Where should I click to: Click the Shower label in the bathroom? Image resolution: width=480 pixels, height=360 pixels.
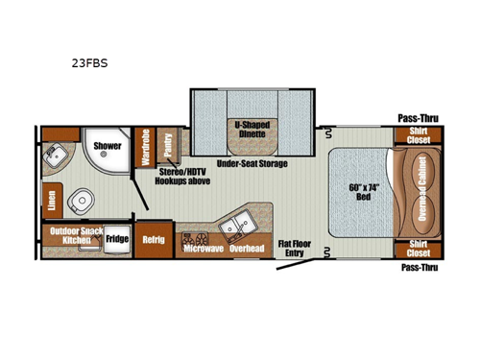[108, 147]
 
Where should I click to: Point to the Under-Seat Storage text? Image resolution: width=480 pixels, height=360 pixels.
[252, 164]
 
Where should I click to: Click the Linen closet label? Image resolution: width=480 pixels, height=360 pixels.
[52, 200]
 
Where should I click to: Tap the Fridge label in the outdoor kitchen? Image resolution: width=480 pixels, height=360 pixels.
[116, 239]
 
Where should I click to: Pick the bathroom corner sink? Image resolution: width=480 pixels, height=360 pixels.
[56, 154]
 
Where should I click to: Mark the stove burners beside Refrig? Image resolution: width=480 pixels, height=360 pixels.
[196, 235]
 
